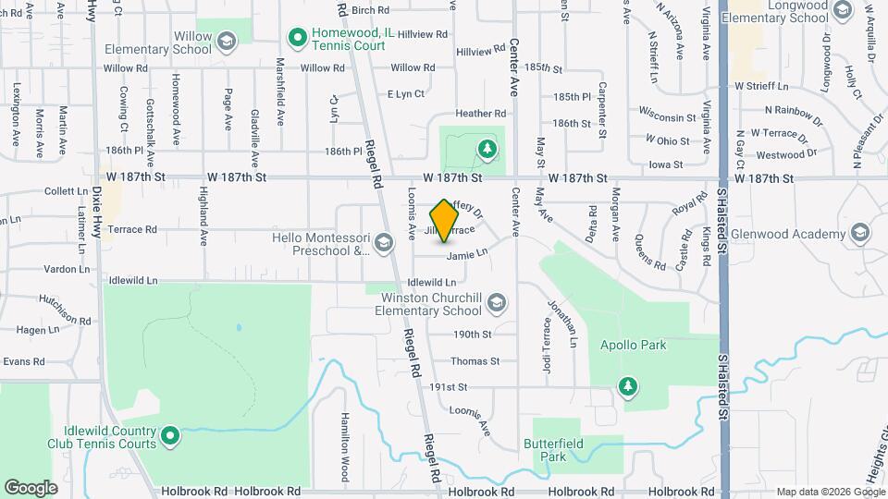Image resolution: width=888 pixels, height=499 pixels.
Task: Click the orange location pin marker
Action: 445,220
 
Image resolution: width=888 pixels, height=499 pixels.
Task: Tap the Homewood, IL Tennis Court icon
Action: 298,38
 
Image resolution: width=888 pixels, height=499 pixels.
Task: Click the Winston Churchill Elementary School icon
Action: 497,302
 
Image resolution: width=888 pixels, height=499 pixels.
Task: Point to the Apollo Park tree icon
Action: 628,385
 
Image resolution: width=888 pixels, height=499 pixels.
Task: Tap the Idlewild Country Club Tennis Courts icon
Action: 169,435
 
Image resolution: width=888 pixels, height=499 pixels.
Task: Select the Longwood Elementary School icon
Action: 842,10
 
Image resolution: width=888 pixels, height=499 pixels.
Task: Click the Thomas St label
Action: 475,361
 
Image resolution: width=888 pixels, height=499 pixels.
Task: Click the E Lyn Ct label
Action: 405,94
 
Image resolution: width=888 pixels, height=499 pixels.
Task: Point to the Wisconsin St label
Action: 667,117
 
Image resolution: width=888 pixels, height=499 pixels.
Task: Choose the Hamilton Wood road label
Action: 344,447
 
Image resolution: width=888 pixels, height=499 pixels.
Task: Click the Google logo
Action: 31,487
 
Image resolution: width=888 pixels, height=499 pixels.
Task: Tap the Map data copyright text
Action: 830,492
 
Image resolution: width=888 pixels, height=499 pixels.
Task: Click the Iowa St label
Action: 667,164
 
